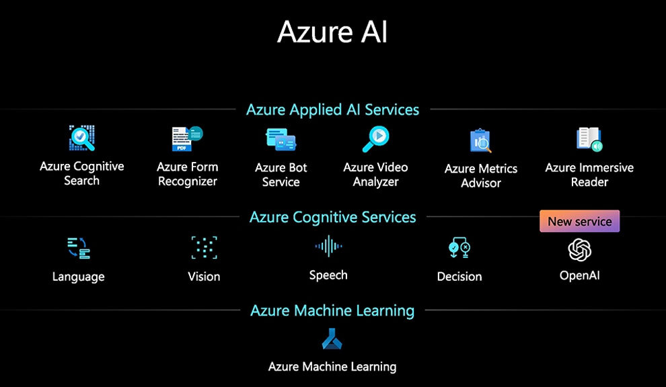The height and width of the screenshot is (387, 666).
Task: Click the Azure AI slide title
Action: pyautogui.click(x=332, y=32)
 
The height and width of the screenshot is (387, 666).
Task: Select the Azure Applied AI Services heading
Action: pyautogui.click(x=332, y=110)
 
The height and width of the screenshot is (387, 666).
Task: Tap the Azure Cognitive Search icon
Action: pyautogui.click(x=82, y=138)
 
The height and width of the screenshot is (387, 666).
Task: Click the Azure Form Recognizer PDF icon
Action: pyautogui.click(x=187, y=139)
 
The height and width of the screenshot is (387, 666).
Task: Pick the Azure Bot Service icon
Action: pyautogui.click(x=281, y=140)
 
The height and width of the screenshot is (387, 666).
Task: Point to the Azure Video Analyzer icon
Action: pyautogui.click(x=375, y=139)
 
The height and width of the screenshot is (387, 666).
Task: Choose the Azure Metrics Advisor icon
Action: pyautogui.click(x=480, y=141)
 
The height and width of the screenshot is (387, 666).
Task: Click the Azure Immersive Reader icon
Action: pyautogui.click(x=589, y=139)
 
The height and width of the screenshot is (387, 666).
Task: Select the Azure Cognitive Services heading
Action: pyautogui.click(x=332, y=217)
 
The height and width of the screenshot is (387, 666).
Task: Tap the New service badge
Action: pyautogui.click(x=579, y=221)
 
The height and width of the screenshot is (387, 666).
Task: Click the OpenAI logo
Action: pyautogui.click(x=579, y=249)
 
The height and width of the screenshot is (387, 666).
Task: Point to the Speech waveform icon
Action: pyautogui.click(x=328, y=246)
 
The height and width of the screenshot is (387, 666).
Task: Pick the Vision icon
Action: pyautogui.click(x=205, y=247)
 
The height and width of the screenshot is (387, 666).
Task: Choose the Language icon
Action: pyautogui.click(x=79, y=248)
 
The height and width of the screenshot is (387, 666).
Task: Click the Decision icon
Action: pyautogui.click(x=459, y=248)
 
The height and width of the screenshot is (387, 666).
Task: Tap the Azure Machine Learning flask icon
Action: pyautogui.click(x=332, y=339)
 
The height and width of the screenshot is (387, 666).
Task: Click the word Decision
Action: pyautogui.click(x=459, y=277)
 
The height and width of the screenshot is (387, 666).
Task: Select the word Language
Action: pyautogui.click(x=78, y=277)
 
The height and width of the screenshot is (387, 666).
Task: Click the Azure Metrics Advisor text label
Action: pyautogui.click(x=481, y=175)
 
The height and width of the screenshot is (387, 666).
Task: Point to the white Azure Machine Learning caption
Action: pyautogui.click(x=332, y=367)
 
